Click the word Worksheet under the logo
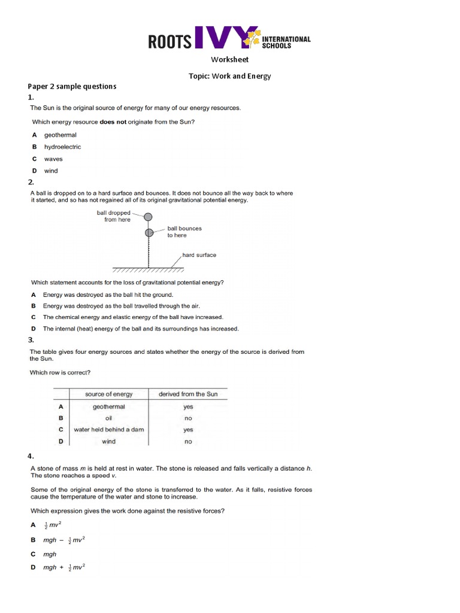tap(229, 59)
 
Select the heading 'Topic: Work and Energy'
tap(229, 76)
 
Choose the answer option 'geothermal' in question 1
tap(60, 135)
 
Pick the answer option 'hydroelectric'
tap(62, 147)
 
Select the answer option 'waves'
tap(53, 159)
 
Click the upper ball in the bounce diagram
tap(148, 217)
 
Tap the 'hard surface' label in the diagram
tap(199, 255)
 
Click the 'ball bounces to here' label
tap(184, 232)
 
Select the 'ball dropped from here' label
tap(117, 216)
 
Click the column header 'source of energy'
tap(108, 394)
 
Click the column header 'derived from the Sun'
tap(187, 394)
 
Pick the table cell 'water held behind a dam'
tap(108, 429)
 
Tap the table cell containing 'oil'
tap(108, 418)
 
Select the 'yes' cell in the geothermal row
tap(188, 406)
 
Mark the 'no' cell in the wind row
tap(188, 442)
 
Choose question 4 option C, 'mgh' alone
tap(50, 554)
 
